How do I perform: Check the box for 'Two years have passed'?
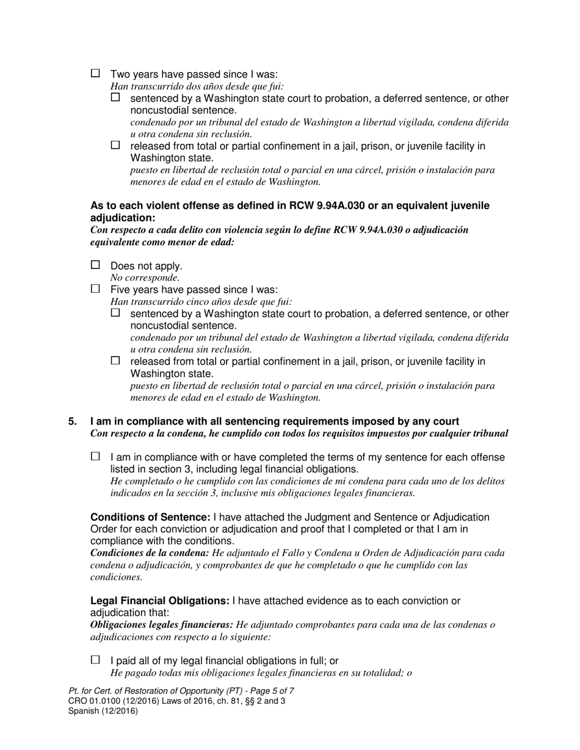tap(95, 73)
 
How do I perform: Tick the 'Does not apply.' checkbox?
tap(95, 265)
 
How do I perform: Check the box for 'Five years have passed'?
tap(95, 288)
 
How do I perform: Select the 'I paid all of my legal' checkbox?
tap(95, 660)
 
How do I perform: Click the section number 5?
tap(73, 421)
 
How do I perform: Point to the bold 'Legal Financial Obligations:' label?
tap(160, 601)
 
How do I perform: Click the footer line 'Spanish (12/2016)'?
tap(103, 711)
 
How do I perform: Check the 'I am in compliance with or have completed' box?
tap(95, 456)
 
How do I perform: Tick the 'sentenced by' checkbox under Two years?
tap(116, 97)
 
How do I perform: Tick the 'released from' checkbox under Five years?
tap(116, 360)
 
